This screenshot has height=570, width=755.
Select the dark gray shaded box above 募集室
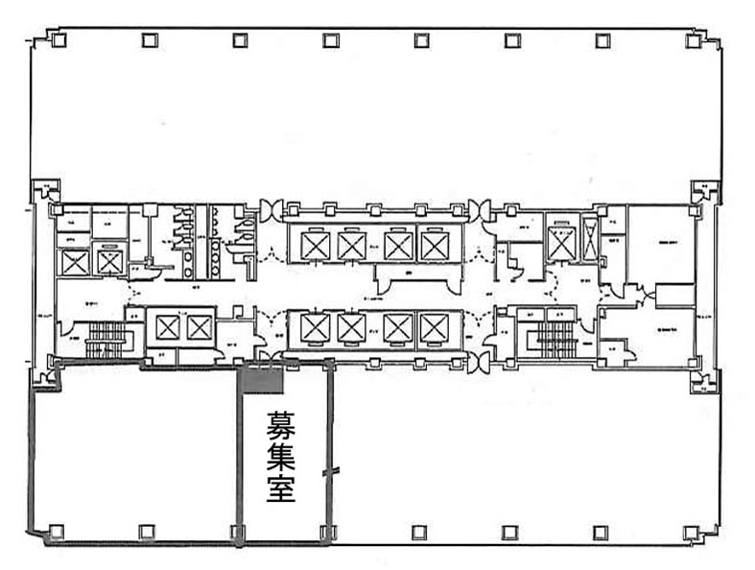point(263,380)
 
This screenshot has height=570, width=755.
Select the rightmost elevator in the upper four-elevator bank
point(435,247)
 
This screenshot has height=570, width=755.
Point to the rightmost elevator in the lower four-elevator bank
point(435,329)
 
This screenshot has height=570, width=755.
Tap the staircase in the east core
point(555,336)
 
